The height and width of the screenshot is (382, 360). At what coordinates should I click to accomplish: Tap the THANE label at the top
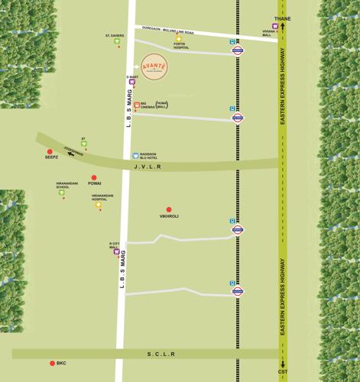click(283, 18)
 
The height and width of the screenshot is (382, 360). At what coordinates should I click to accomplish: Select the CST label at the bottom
click(283, 372)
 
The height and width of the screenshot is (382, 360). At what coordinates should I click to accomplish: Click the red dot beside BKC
click(53, 364)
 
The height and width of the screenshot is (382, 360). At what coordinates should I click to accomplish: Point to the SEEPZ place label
click(51, 157)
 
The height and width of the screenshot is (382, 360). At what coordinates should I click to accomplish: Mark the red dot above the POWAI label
click(94, 178)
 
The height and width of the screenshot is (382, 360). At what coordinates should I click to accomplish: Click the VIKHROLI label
click(169, 216)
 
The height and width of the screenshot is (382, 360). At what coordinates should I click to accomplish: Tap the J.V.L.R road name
click(169, 166)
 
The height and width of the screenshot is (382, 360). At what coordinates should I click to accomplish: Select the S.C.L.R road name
click(161, 354)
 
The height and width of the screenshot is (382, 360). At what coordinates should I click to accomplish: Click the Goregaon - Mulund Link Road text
click(179, 31)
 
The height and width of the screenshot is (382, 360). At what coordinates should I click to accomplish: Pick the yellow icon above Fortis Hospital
click(179, 38)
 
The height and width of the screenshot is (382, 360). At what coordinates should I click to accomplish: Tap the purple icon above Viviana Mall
click(275, 26)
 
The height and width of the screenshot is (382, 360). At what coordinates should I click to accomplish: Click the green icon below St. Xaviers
click(117, 41)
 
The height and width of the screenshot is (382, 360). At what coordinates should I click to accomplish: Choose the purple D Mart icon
click(131, 82)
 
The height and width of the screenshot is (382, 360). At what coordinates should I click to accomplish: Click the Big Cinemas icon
click(138, 105)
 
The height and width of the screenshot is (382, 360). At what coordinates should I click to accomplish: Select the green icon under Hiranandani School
click(62, 193)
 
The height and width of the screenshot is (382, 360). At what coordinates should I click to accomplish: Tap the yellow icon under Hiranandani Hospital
click(99, 204)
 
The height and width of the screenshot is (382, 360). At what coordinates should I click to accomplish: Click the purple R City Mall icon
click(117, 251)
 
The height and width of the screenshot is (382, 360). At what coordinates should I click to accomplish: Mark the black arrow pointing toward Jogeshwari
click(71, 154)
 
